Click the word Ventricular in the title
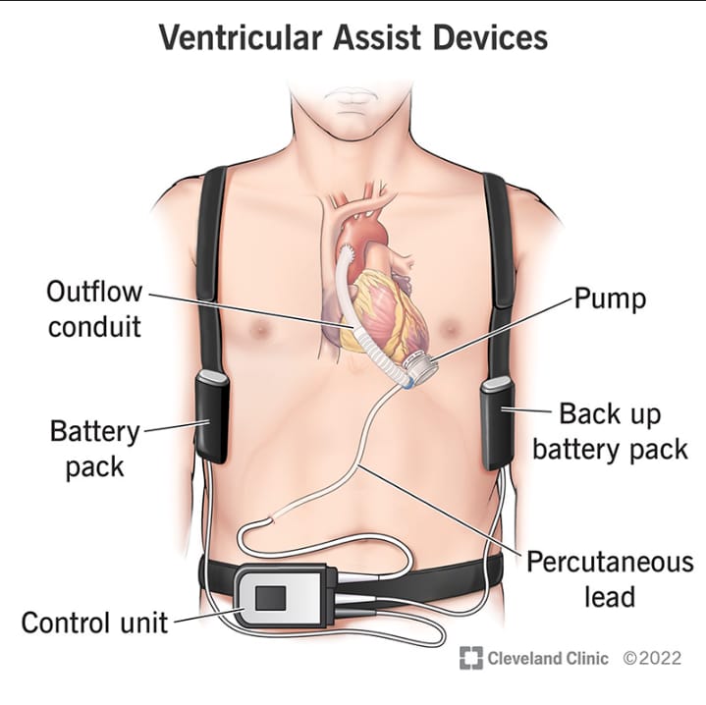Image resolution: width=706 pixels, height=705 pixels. click(240, 37)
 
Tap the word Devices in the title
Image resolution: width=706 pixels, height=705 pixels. click(490, 37)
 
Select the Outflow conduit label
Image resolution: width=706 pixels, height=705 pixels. click(94, 309)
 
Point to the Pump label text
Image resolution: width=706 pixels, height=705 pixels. click(610, 298)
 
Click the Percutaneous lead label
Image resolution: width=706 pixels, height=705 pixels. click(610, 579)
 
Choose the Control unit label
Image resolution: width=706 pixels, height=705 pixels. click(94, 624)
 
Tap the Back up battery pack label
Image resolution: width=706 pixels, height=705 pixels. click(610, 431)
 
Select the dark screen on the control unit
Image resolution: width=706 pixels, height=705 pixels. click(270, 598)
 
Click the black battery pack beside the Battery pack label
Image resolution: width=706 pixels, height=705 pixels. click(212, 416)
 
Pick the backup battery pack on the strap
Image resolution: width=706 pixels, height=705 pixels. click(498, 423)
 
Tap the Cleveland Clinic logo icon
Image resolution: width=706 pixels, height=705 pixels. click(470, 658)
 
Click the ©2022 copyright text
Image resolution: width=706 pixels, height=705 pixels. click(652, 658)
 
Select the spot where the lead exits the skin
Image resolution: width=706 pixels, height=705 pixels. click(270, 519)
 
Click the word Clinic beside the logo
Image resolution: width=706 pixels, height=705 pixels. click(587, 658)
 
